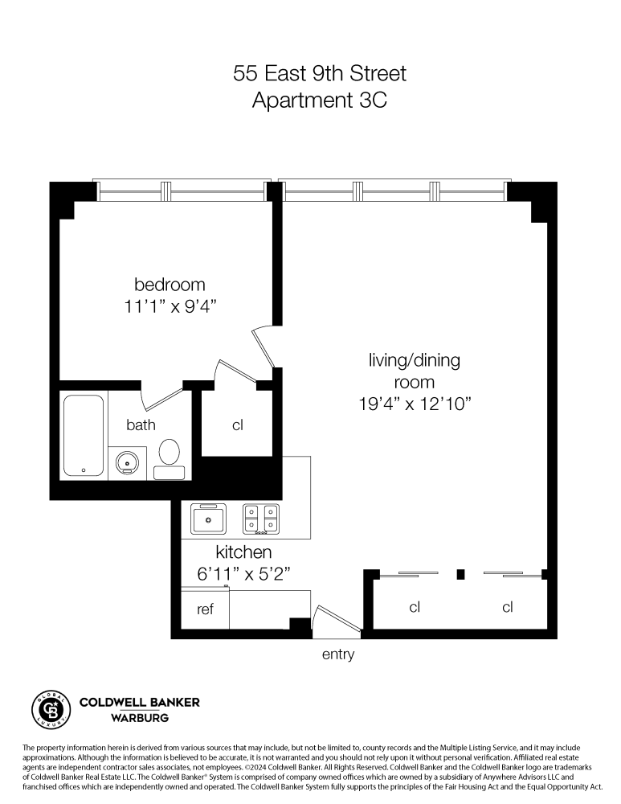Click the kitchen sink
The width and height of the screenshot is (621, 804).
coord(209,519)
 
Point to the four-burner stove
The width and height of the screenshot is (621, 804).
coord(261,519)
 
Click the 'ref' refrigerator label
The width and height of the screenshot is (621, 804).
coord(205,609)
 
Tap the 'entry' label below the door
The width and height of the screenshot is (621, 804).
coord(337,654)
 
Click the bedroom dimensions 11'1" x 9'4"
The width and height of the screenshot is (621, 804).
coord(170,306)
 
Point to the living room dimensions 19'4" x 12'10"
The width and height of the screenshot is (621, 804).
coord(414,404)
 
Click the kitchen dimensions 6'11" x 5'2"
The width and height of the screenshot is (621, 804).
coord(243,574)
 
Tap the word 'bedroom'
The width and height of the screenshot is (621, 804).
coord(170,285)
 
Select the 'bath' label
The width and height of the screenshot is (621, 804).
coord(141,425)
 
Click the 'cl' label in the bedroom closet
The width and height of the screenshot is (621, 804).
coord(238,425)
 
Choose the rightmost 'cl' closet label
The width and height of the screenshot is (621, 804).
coord(508,607)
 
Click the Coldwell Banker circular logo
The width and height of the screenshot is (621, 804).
coord(47,708)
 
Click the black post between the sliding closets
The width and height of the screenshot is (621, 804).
coord(460,574)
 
